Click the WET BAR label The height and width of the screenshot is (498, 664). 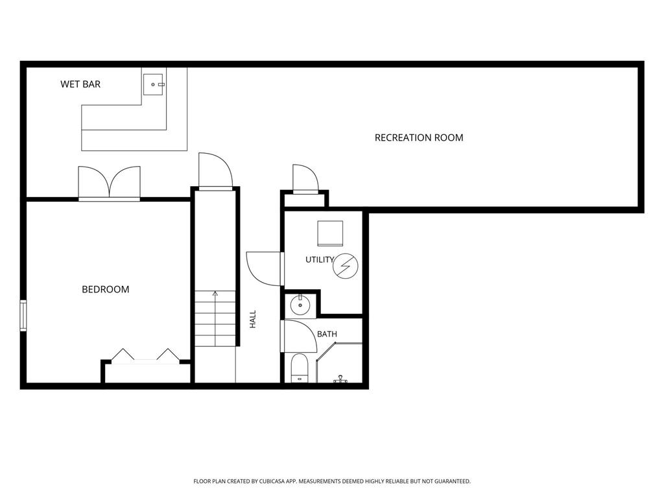[x=80, y=84]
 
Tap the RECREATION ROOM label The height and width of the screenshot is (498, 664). [x=419, y=137]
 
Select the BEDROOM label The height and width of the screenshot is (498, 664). [x=106, y=289]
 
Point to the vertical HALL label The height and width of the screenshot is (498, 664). [x=253, y=319]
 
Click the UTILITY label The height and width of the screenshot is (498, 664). [x=320, y=259]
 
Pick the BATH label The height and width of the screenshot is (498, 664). [x=327, y=334]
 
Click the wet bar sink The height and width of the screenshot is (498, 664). [x=153, y=84]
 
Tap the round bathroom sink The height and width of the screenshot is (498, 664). [x=300, y=305]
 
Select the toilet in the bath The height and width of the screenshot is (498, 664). [x=300, y=368]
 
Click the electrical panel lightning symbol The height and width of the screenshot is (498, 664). [x=345, y=266]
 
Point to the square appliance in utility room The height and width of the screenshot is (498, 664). [x=330, y=233]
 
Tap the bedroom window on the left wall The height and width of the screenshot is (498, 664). [x=23, y=316]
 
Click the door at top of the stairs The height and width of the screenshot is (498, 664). [x=215, y=171]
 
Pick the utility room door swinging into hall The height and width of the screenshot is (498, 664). [x=265, y=268]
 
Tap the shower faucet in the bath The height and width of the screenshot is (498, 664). [x=340, y=379]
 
